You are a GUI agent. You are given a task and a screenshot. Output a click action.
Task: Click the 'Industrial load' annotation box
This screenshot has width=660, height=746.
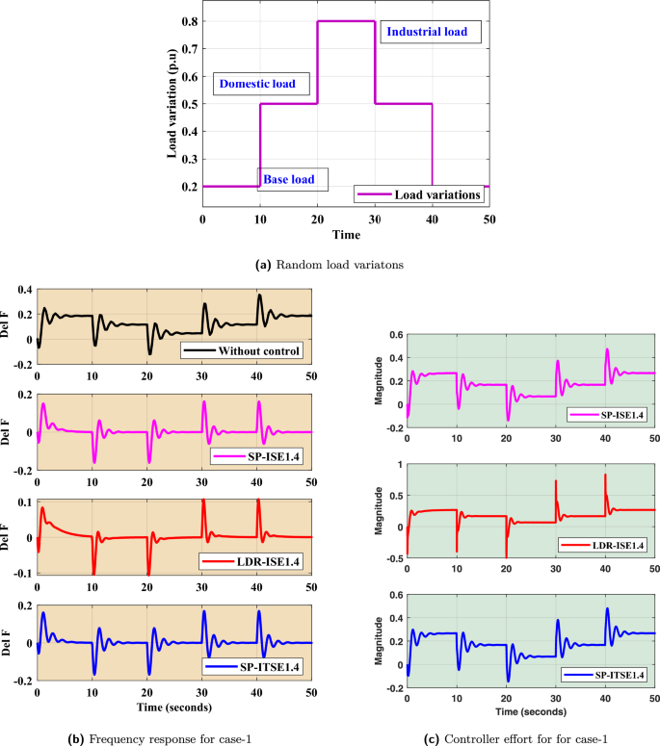pyautogui.click(x=426, y=32)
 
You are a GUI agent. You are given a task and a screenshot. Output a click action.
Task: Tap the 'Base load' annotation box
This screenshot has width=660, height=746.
pyautogui.click(x=292, y=179)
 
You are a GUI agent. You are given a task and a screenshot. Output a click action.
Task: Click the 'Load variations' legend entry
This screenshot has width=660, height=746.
pyautogui.click(x=420, y=194)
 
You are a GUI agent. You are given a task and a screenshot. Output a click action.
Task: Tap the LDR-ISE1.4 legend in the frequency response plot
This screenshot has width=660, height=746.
pyautogui.click(x=257, y=559)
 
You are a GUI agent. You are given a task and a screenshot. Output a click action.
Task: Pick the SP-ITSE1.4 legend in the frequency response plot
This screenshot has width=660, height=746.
pyautogui.click(x=258, y=665)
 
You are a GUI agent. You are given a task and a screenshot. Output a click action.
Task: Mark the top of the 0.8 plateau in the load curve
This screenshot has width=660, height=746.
pyautogui.click(x=346, y=20)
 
